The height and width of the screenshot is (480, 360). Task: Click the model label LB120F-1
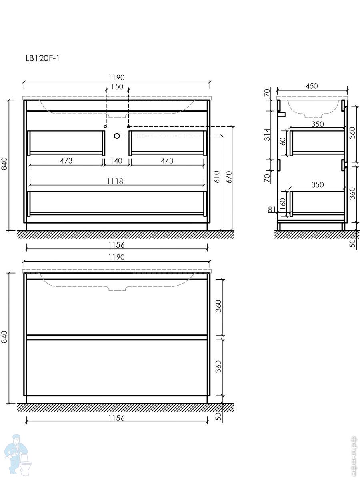pyautogui.click(x=42, y=58)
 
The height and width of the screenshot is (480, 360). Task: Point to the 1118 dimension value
pyautogui.click(x=115, y=181)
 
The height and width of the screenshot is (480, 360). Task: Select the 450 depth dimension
pyautogui.click(x=312, y=86)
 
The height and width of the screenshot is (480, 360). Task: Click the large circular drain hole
pyautogui.click(x=117, y=136)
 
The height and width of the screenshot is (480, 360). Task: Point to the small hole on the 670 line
pyautogui.click(x=129, y=126)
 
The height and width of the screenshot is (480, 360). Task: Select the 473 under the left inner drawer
pyautogui.click(x=66, y=161)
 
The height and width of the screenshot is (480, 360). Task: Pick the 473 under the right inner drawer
pyautogui.click(x=167, y=161)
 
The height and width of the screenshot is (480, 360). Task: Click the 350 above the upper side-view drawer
pyautogui.click(x=317, y=124)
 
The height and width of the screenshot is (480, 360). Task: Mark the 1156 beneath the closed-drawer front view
pyautogui.click(x=116, y=418)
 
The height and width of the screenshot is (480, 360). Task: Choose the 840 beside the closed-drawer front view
pyautogui.click(x=4, y=337)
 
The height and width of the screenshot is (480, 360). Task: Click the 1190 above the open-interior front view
pyautogui.click(x=116, y=78)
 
